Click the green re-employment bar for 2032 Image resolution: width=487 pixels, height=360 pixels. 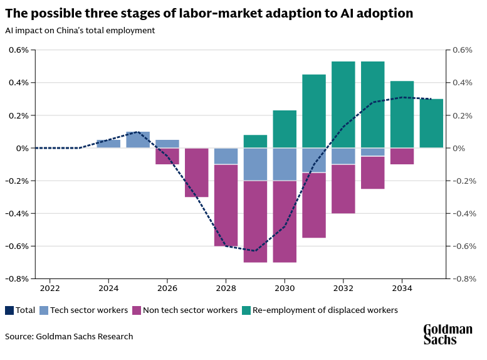click(x=343, y=104)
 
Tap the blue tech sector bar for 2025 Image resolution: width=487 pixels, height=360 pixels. click(x=138, y=140)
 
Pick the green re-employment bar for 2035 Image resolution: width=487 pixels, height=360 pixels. click(x=431, y=124)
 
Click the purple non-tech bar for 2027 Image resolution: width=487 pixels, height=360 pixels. click(x=197, y=172)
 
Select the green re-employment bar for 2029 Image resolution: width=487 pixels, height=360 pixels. click(x=255, y=141)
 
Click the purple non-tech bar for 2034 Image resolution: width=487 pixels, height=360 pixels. click(x=402, y=156)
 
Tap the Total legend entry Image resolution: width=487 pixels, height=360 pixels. click(x=20, y=310)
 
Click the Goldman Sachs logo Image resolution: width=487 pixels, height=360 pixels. click(x=448, y=334)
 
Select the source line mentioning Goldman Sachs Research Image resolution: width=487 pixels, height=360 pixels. click(x=69, y=336)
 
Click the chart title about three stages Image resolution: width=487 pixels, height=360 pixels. click(x=209, y=13)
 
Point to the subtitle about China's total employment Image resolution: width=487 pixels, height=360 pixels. click(x=80, y=30)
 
